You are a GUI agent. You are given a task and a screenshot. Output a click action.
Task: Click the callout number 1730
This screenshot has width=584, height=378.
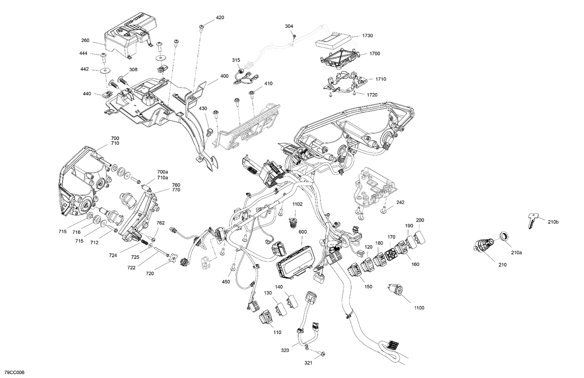click(x=368, y=36)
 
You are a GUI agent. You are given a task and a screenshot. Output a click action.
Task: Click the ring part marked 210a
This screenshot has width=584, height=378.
click(x=503, y=236)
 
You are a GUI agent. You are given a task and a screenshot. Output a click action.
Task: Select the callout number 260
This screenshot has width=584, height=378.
click(x=85, y=40)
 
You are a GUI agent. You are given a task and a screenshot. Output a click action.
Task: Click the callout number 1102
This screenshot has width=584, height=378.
click(x=297, y=204)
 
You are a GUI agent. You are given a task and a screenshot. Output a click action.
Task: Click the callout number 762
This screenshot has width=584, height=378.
click(x=160, y=223)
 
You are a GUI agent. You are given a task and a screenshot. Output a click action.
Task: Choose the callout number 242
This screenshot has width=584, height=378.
click(x=401, y=202)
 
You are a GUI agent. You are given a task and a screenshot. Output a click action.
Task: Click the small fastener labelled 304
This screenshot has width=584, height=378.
click(x=294, y=36)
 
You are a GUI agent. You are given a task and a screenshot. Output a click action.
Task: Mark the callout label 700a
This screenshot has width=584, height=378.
click(x=162, y=172)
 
